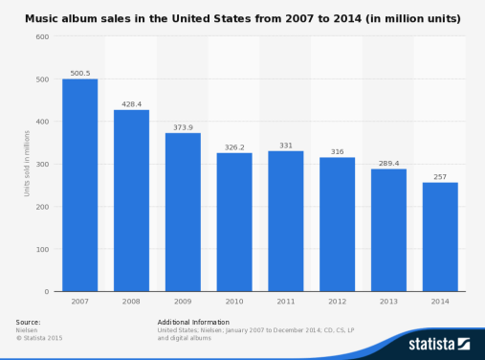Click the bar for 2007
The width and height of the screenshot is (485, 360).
[x=79, y=185]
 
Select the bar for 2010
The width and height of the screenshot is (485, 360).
[x=234, y=222]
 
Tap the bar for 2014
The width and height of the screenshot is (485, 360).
[x=440, y=236]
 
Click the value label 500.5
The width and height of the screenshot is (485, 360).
[x=79, y=72]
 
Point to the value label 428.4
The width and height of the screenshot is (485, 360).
[x=131, y=102]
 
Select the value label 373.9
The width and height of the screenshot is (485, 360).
[x=183, y=125]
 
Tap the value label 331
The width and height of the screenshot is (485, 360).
[x=285, y=145]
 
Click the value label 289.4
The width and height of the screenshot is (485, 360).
[x=388, y=162]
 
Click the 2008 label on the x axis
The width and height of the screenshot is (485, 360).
[x=131, y=301]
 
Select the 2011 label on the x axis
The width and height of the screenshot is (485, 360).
[x=285, y=301]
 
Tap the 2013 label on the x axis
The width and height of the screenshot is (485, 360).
[x=388, y=301]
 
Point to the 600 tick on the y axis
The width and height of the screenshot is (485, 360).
[x=42, y=36]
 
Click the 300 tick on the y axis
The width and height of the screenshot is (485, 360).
[x=42, y=164]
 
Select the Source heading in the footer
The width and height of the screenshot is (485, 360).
[x=29, y=322]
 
